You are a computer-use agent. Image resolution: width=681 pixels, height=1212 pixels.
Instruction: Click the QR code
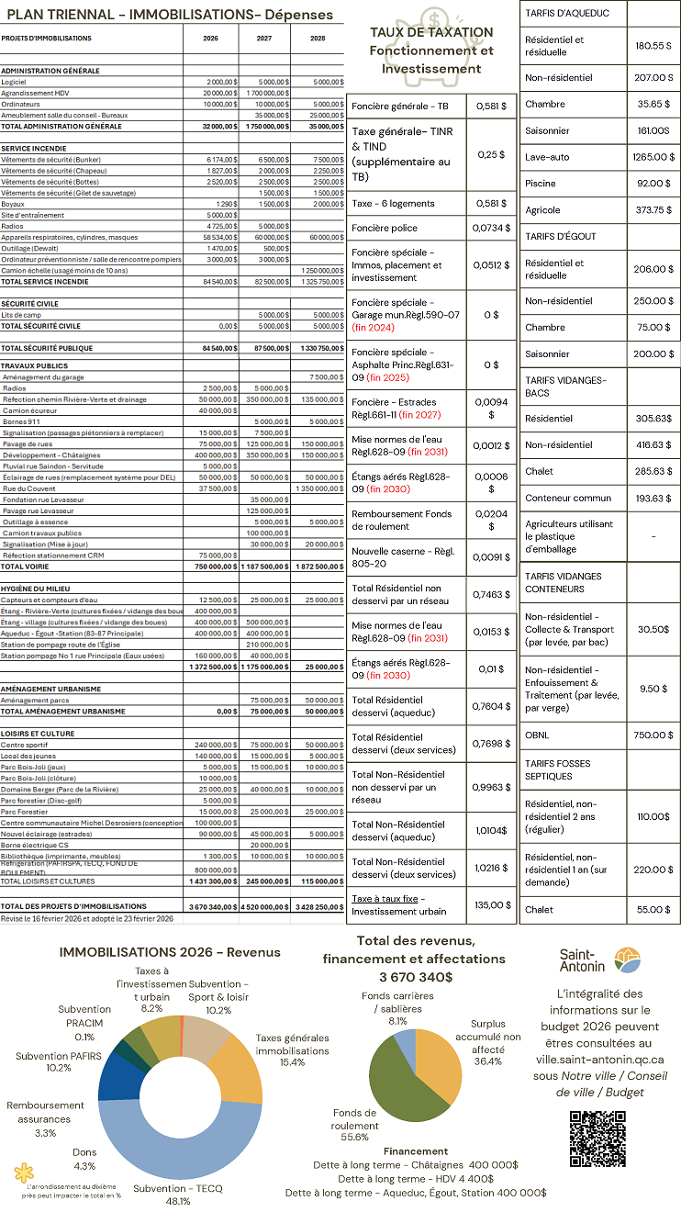[x=597, y=1139]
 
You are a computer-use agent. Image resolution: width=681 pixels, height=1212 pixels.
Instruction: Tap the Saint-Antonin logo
[x=597, y=959]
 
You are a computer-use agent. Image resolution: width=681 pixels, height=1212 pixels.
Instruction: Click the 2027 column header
[x=264, y=39]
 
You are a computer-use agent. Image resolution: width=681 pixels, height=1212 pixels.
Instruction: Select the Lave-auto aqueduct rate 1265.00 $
[x=653, y=157]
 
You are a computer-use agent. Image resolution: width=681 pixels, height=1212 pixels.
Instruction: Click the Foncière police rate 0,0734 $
[x=490, y=228]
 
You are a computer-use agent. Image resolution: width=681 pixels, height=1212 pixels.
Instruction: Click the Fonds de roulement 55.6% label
[x=354, y=1125]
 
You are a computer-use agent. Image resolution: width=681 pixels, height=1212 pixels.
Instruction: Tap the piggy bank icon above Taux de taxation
[x=431, y=17]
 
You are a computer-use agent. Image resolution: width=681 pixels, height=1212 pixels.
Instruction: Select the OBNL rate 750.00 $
[x=653, y=735]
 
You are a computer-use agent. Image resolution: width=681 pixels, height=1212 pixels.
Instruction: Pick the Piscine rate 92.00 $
[x=653, y=184]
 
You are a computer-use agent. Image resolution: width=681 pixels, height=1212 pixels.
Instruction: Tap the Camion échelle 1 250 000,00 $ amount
[x=318, y=271]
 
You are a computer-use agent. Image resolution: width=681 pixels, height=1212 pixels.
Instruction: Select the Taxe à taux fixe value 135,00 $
[x=490, y=905]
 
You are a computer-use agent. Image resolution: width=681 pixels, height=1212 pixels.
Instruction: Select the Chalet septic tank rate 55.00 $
[x=653, y=909]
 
